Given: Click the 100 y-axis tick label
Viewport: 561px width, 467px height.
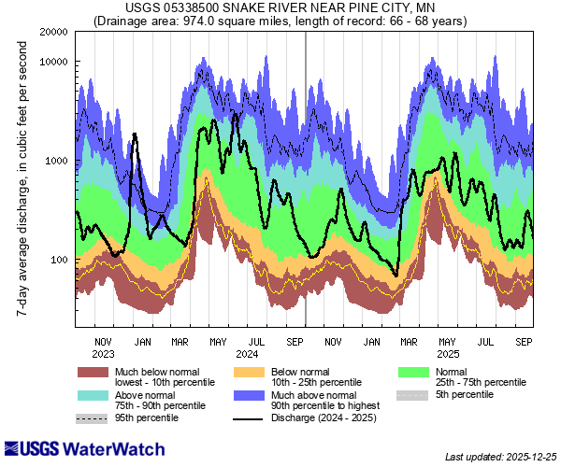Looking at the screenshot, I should coord(58,260).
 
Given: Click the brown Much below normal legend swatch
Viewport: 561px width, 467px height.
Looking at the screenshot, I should coord(93,371).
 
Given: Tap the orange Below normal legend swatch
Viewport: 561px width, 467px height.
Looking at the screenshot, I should coord(248,371).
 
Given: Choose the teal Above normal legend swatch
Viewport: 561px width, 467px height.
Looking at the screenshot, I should coord(93,395).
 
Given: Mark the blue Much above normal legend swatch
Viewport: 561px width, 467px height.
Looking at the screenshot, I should coord(248,395).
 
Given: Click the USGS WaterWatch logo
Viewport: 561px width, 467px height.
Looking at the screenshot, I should coord(70,448).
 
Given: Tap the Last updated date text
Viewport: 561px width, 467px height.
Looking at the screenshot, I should coord(500,457).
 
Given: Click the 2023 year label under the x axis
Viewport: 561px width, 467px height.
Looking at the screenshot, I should coord(104,354).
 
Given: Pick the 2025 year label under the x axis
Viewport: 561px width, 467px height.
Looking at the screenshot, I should coord(447,354).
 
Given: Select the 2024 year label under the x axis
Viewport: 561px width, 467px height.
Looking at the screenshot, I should coord(248,354).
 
